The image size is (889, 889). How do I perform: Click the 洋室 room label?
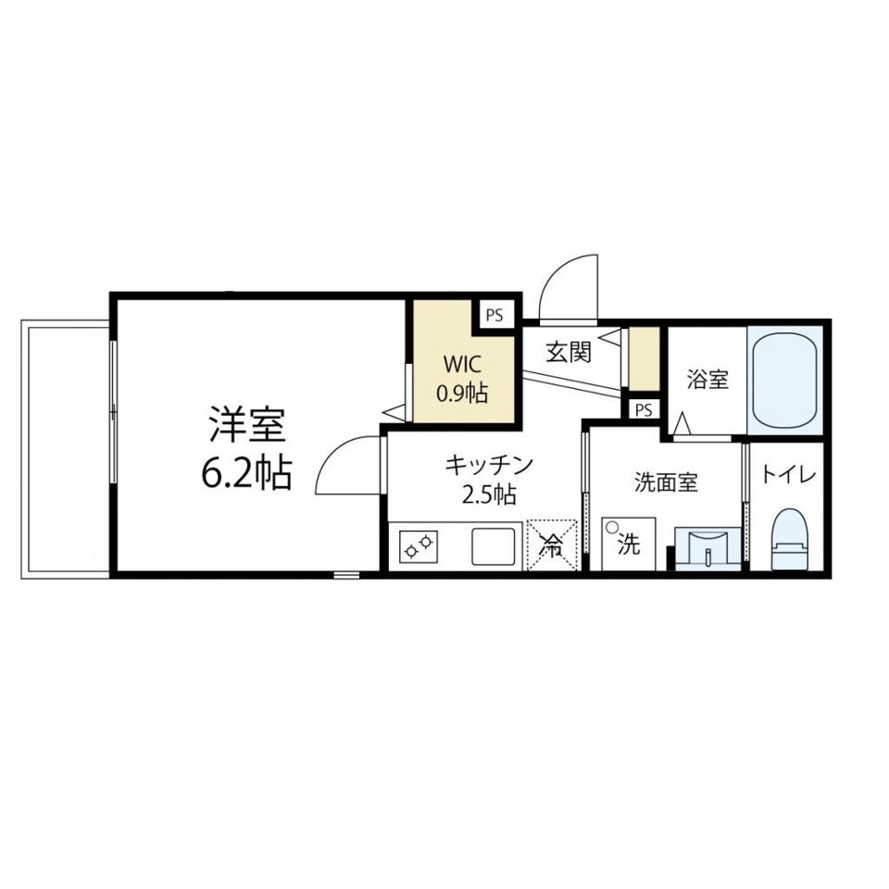246,424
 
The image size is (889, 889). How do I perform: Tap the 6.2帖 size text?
246,472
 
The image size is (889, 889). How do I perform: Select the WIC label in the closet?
462,364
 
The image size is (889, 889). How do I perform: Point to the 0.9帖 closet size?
462,393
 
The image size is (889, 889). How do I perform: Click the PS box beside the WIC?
495,315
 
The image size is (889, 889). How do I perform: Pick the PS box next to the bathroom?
644,409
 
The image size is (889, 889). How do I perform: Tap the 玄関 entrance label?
569,352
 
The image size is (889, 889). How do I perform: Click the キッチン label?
489,465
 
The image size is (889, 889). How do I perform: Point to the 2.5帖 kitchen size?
489,495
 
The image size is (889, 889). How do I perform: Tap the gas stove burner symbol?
419,546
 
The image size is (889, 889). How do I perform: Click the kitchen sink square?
494,546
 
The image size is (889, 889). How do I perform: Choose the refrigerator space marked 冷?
552,545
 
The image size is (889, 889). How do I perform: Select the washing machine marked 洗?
628,544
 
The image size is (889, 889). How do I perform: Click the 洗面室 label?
666,482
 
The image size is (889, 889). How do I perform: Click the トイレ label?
787,474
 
